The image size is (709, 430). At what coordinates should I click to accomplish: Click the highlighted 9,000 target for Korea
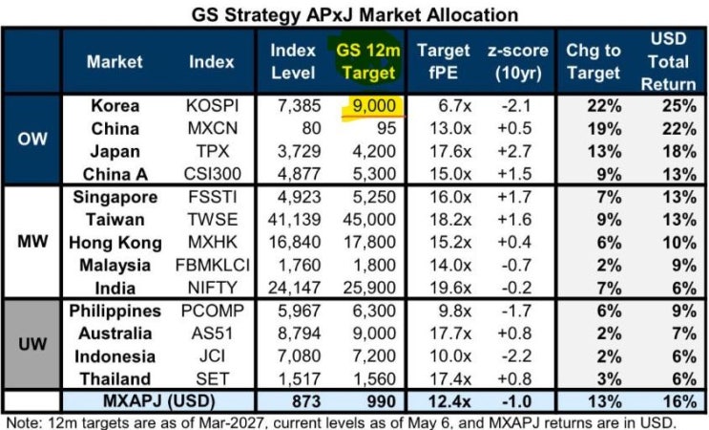coord(374,106)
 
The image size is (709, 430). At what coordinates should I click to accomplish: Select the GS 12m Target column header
coord(368,61)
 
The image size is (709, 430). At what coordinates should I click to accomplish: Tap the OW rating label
coord(32,139)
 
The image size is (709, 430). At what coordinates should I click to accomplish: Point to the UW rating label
coord(32,344)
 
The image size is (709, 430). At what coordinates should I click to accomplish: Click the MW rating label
coord(32,242)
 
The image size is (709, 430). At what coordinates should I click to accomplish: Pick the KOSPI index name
coord(212,106)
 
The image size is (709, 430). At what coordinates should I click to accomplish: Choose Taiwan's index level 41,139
coord(294,220)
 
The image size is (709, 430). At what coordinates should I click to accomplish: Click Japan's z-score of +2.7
coord(514,151)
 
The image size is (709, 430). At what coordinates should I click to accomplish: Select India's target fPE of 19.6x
coord(449,288)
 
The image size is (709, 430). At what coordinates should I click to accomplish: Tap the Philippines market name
coord(115,311)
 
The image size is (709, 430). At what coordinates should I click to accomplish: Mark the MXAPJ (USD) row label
coord(158,401)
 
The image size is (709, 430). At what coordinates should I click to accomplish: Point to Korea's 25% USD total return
coord(679,106)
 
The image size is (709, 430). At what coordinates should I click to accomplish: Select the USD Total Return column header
coord(668,61)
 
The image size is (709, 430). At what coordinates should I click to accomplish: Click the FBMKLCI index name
coord(212,266)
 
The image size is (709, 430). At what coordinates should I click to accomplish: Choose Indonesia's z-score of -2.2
coord(516,356)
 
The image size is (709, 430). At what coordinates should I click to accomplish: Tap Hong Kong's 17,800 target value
coord(370,242)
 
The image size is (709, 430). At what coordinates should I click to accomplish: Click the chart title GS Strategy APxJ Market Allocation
coord(355,15)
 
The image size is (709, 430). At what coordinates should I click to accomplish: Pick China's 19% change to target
coord(604,129)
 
